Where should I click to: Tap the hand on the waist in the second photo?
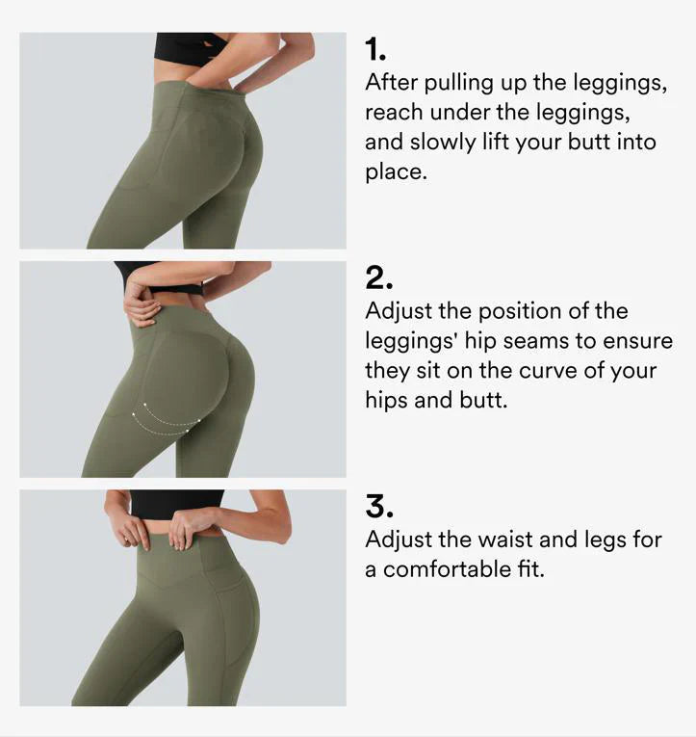pos(141,303)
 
